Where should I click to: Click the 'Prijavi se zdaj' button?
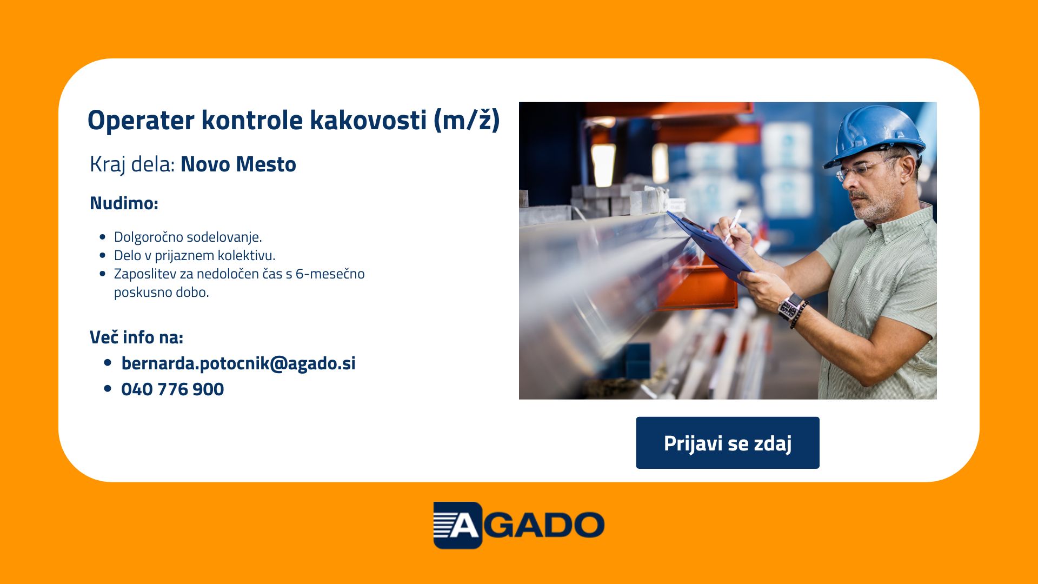click(728, 443)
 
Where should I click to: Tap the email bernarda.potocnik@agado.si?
click(238, 363)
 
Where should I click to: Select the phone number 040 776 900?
click(172, 389)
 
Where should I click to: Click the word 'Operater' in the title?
click(141, 120)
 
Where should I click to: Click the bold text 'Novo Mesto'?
click(238, 164)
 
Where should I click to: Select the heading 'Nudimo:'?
click(124, 203)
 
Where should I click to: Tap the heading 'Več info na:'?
click(136, 337)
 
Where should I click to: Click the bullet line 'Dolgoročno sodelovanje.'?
click(188, 237)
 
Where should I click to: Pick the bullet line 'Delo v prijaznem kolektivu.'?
click(195, 255)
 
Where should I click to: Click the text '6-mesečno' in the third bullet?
click(330, 274)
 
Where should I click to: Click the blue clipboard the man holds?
click(710, 247)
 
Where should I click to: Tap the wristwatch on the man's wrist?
click(790, 307)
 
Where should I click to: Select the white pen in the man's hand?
click(733, 225)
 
